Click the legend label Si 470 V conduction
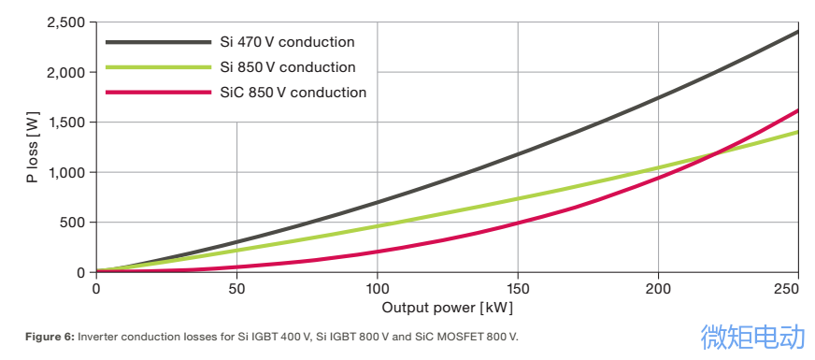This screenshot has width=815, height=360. [x=287, y=42]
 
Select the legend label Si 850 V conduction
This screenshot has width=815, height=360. [x=287, y=67]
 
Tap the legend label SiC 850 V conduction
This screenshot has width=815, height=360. [x=293, y=93]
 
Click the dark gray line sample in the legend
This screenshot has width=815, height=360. [x=157, y=42]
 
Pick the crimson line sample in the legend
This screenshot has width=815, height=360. [x=157, y=93]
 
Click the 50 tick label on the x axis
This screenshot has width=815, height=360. [x=236, y=290]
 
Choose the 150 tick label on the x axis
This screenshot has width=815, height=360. [x=518, y=290]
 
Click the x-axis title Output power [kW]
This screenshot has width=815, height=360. [x=447, y=307]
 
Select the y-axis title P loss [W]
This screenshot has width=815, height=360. [x=34, y=148]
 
